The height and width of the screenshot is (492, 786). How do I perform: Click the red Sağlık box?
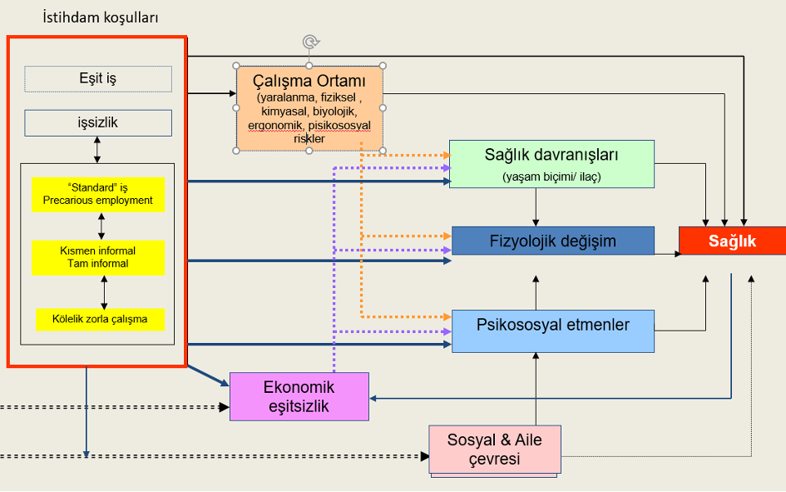pos(732,241)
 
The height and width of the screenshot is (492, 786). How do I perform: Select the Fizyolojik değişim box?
pos(551,241)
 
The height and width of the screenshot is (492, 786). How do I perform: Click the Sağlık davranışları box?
pos(551,163)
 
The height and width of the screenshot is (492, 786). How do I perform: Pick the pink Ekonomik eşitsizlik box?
pos(299,396)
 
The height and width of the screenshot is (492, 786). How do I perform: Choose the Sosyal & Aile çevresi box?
pos(496,450)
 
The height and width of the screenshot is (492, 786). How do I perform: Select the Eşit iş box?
pos(98,79)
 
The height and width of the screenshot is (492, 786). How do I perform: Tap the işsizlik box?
pos(98,123)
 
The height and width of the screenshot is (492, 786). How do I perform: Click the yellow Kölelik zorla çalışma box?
pos(100,320)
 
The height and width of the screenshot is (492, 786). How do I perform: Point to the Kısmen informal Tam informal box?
pos(98,257)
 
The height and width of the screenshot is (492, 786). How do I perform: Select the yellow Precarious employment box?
pos(98,194)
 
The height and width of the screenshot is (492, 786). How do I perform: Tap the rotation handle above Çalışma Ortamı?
pos(309,41)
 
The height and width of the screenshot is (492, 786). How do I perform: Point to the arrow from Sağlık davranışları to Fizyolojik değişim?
pos(535,206)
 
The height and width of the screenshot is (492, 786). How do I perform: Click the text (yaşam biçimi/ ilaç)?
pos(551,176)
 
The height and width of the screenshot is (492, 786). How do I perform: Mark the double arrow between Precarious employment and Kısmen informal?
pos(101,226)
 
